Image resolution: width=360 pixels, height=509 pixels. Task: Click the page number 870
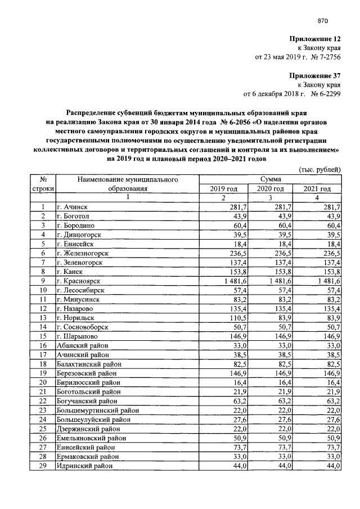coord(322,21)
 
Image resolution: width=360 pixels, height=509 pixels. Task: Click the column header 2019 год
coord(223,188)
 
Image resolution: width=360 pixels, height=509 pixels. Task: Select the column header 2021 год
coord(317,188)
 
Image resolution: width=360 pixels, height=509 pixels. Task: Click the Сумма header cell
coord(271,179)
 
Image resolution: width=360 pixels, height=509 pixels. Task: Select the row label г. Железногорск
coord(82,253)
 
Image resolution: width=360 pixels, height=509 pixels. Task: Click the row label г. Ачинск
coord(71,207)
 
